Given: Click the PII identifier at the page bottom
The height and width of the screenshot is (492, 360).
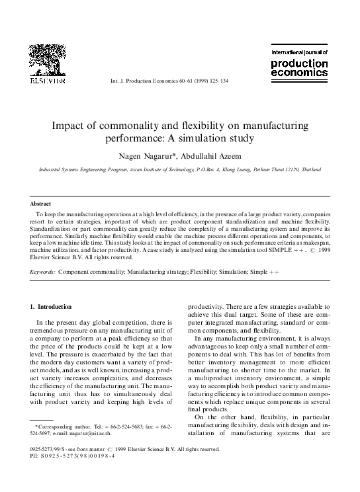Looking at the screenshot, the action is [77, 455].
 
